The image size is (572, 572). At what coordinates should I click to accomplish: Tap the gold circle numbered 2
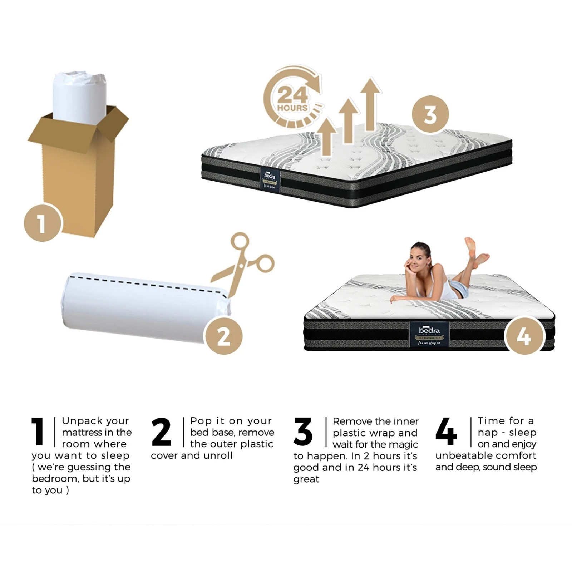(223, 336)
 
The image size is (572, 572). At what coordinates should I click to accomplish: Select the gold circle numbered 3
(430, 115)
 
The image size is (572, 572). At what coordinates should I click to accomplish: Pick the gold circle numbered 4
(523, 336)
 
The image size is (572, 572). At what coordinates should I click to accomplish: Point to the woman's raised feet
(475, 250)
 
